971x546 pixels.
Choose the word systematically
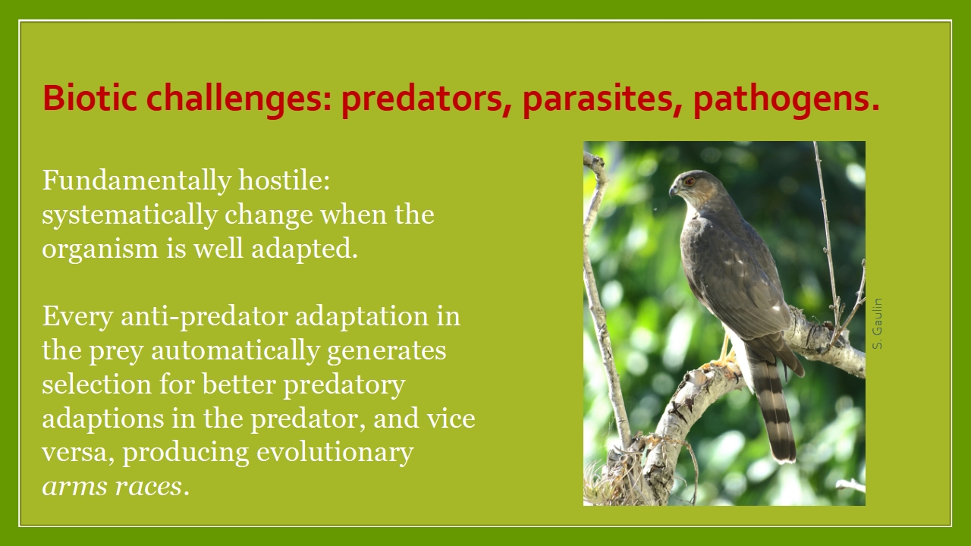coord(130,215)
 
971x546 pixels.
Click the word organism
coord(100,250)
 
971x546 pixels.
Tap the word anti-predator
coord(204,317)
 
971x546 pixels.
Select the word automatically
coord(235,351)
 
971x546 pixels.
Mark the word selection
coord(96,384)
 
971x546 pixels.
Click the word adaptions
coord(103,419)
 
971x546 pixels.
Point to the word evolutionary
coord(335,453)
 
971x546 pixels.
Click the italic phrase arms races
coord(112,486)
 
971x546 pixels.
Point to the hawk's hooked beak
coord(674,190)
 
